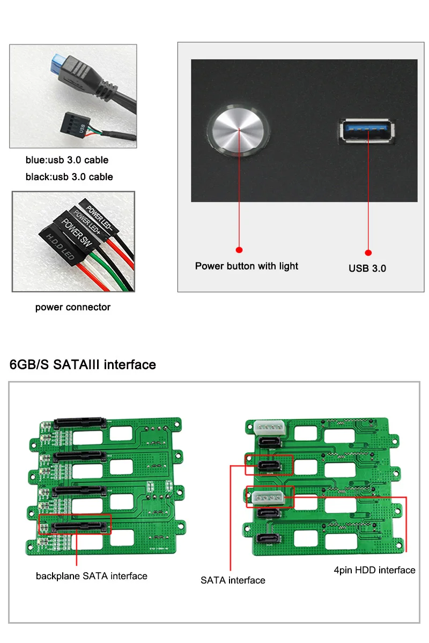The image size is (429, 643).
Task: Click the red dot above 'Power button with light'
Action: point(239,249)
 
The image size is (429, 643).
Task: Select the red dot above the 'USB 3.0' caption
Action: point(368,252)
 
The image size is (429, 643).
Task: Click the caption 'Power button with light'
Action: point(246,266)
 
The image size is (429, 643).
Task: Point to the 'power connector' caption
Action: point(73,307)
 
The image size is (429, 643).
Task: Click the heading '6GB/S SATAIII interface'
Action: point(83,365)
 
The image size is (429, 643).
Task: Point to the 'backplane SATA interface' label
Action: point(91,576)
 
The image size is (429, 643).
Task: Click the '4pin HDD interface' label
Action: point(374,570)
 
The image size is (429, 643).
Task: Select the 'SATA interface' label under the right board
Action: point(233,580)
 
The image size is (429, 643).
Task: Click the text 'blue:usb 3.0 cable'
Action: point(67,160)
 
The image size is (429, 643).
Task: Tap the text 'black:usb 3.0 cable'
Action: point(69,176)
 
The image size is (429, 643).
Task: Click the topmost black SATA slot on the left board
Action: point(78,422)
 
